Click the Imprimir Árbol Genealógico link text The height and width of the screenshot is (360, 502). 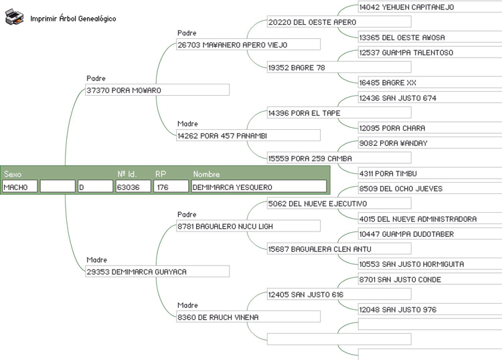(x=73, y=19)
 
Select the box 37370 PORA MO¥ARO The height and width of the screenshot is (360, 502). (x=157, y=90)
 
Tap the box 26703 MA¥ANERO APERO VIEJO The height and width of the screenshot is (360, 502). (x=248, y=45)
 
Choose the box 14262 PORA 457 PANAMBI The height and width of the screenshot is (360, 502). (x=248, y=136)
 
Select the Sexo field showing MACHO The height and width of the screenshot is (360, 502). (x=19, y=187)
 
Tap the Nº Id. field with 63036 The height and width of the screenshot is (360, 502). (x=133, y=187)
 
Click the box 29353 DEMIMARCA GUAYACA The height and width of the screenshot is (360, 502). (x=157, y=272)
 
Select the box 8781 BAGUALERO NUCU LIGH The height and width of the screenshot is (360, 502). (x=248, y=227)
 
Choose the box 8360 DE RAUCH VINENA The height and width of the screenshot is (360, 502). (x=248, y=317)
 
